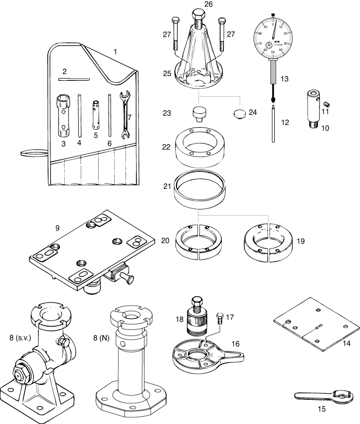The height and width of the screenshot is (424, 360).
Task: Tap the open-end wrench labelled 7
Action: click(123, 116)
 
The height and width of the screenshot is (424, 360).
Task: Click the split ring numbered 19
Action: click(267, 239)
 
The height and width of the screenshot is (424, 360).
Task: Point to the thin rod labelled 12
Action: click(273, 123)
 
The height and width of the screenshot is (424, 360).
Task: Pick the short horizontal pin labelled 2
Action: click(74, 79)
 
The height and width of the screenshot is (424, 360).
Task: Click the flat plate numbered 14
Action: click(315, 325)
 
